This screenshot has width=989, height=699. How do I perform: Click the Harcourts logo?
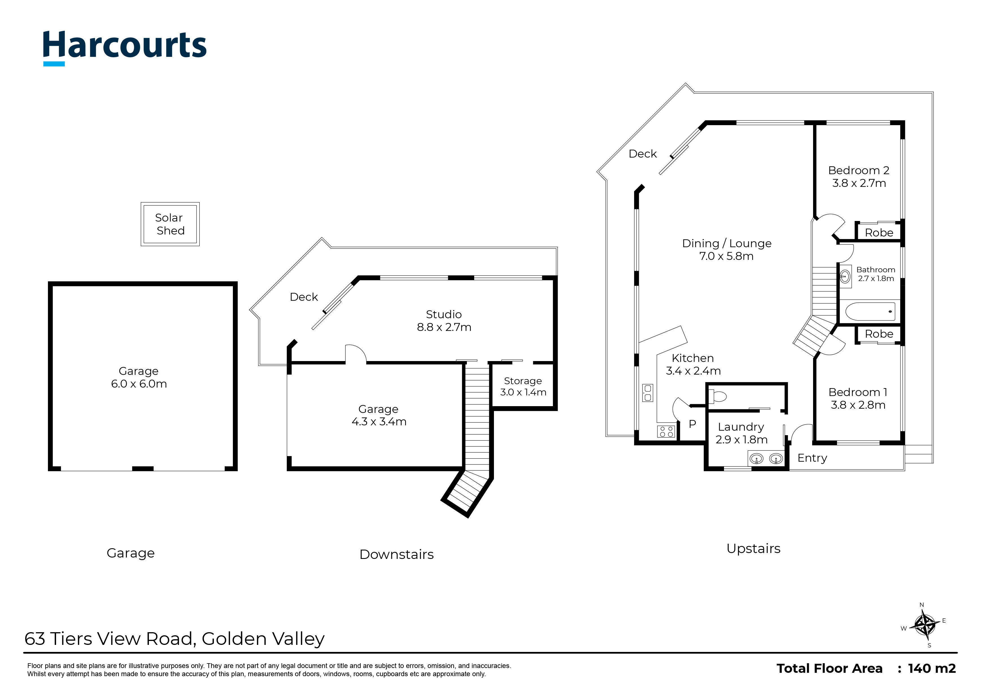click(125, 47)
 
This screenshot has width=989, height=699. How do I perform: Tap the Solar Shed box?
click(170, 224)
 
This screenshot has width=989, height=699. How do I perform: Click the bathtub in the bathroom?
click(870, 311)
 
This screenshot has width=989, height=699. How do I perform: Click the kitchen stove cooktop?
click(666, 431)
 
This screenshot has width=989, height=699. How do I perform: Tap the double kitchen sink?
click(647, 393)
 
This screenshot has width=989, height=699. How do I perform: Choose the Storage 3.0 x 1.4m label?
click(523, 387)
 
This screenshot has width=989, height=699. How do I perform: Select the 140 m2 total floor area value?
click(932, 669)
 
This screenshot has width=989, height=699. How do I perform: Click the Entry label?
click(812, 458)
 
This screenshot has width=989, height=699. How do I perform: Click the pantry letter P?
click(692, 424)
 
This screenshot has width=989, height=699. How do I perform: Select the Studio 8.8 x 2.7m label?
click(444, 321)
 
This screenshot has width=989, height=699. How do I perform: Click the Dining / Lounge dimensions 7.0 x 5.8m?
click(726, 256)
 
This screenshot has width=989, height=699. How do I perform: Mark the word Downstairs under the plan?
click(396, 554)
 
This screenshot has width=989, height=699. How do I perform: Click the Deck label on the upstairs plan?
click(642, 154)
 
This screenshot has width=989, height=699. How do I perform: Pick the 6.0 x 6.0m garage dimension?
click(139, 384)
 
